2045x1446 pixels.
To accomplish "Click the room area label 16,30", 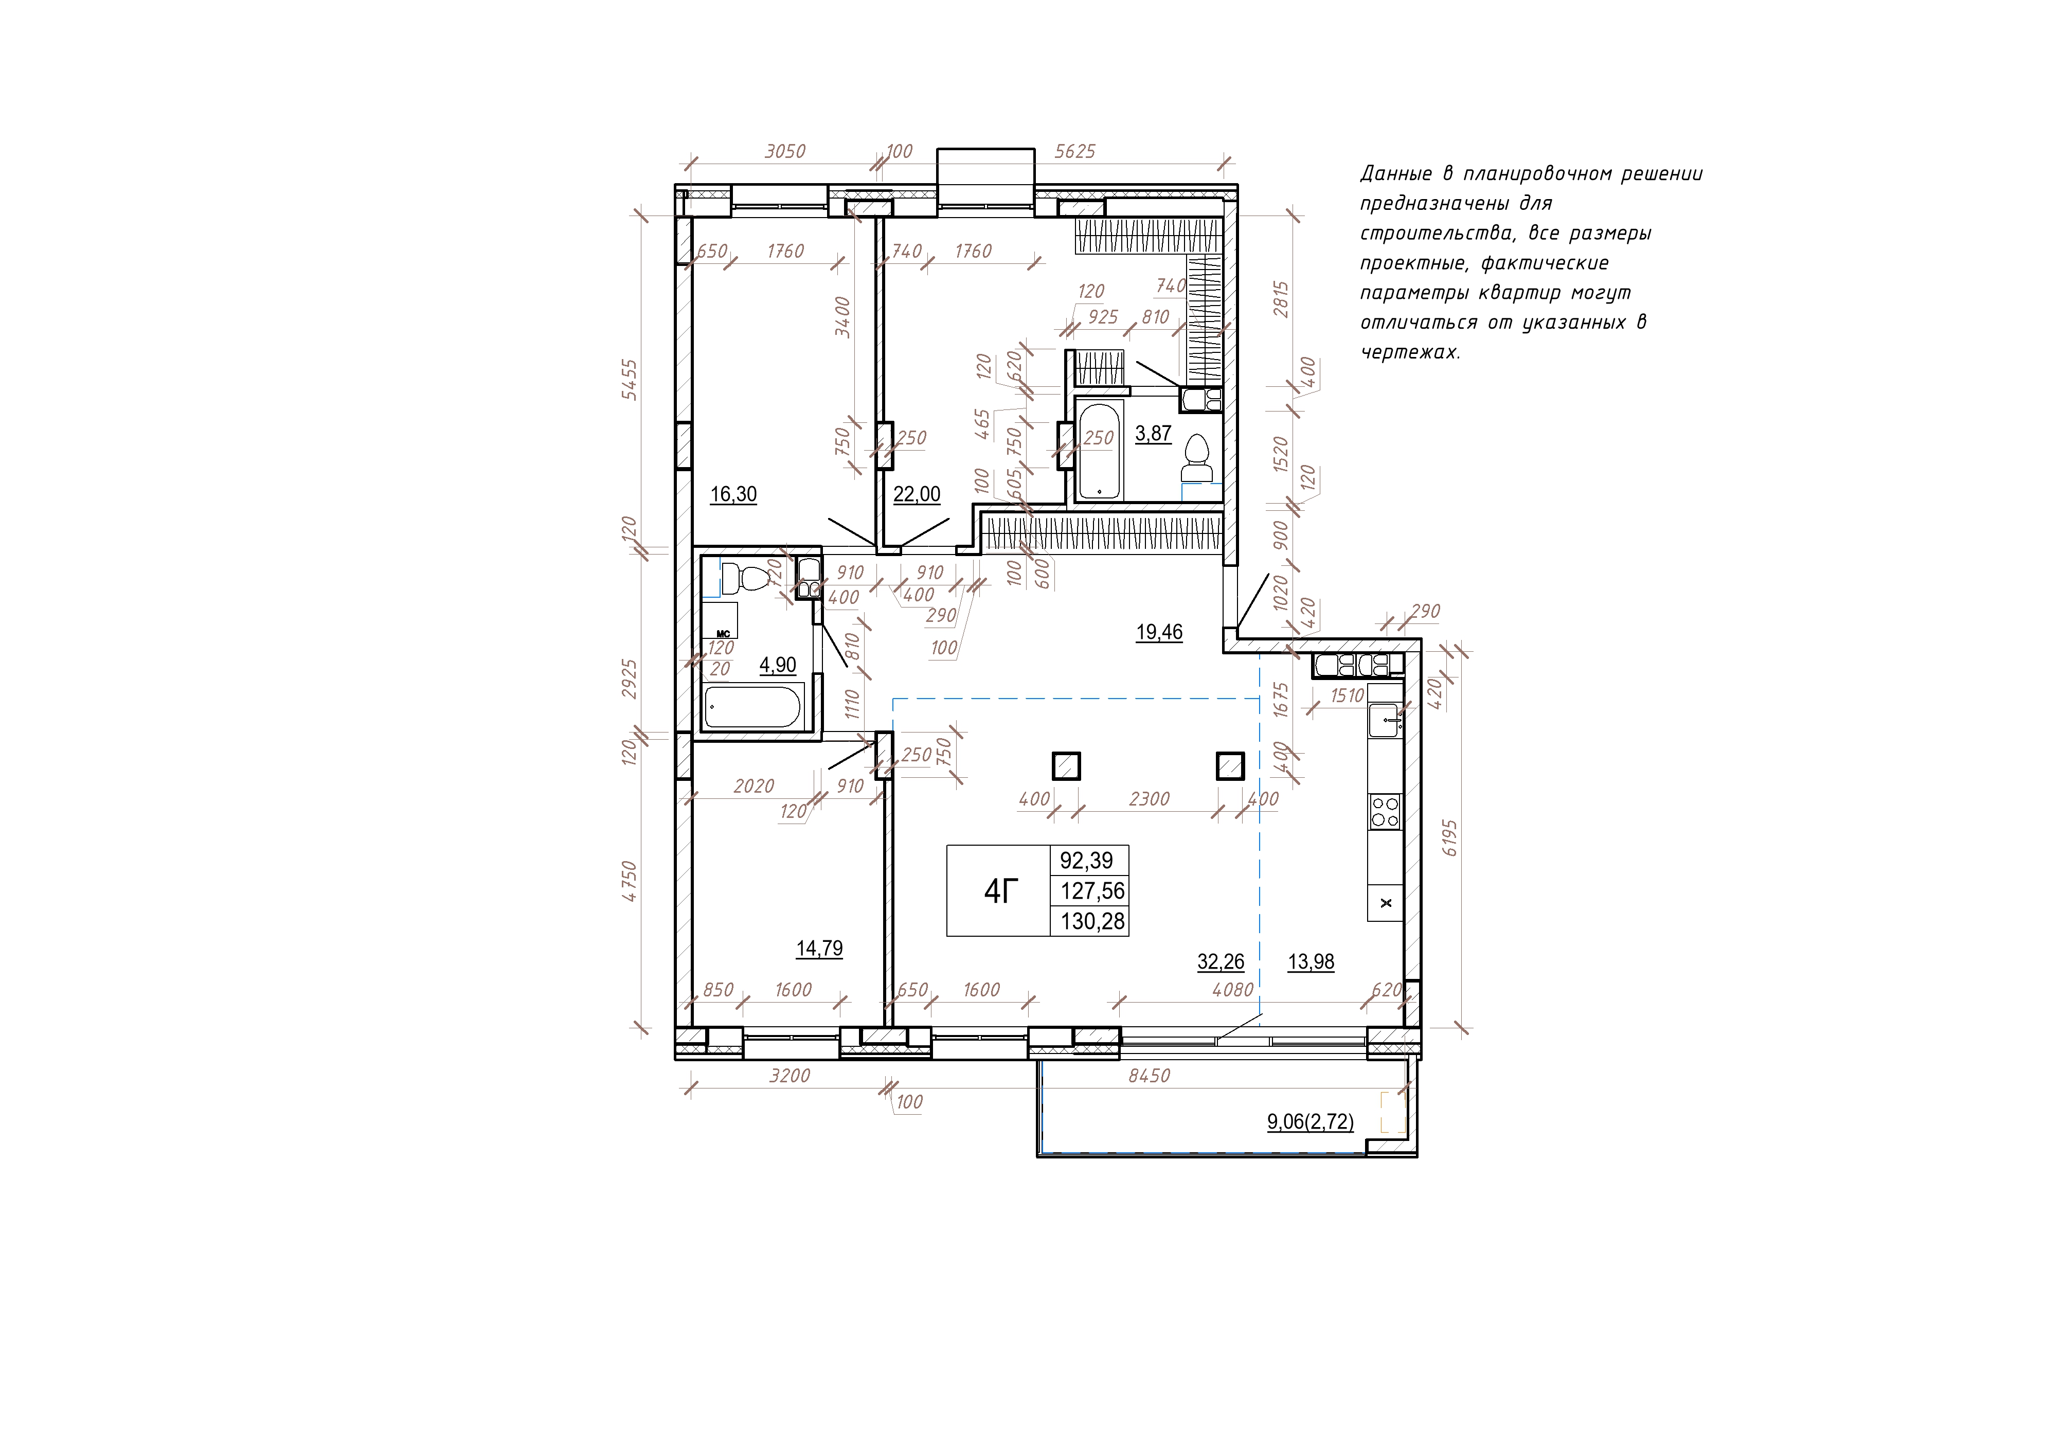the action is [733, 494].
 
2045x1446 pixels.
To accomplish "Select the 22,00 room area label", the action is [917, 494].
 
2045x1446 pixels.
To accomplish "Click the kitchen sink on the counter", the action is [1385, 720].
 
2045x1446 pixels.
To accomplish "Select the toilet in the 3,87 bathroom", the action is [1196, 459].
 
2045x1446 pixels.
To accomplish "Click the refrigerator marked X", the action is [1385, 902].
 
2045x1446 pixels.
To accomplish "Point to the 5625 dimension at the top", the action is [1075, 151].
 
